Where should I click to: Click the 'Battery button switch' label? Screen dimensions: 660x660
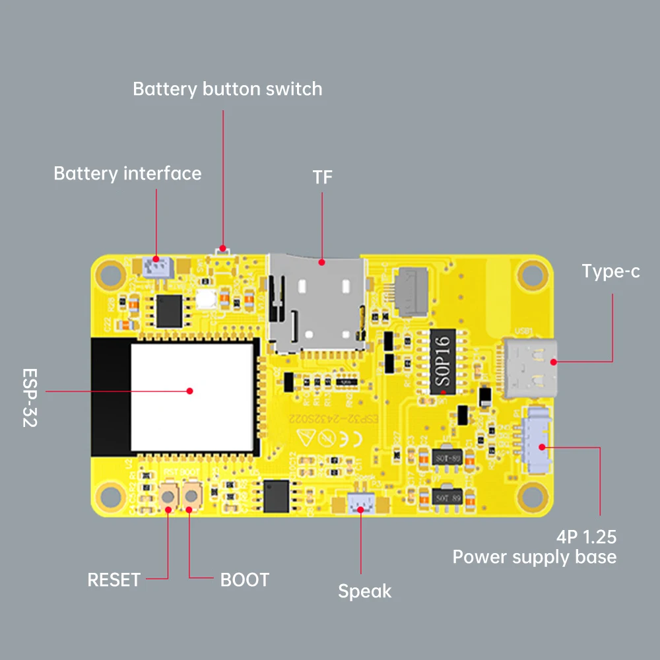(x=227, y=89)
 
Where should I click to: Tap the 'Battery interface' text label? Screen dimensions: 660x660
(x=127, y=174)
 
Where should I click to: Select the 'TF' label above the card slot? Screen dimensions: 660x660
(x=323, y=178)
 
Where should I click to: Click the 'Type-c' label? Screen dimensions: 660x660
(x=610, y=271)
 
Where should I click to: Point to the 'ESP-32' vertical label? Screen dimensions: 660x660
(x=30, y=397)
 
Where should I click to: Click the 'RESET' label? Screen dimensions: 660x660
(x=114, y=580)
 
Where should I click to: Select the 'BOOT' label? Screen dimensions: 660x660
(x=245, y=580)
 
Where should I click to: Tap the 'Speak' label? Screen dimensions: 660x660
(x=364, y=591)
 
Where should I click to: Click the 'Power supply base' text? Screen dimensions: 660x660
(x=534, y=557)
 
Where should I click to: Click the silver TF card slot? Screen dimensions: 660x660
(x=317, y=304)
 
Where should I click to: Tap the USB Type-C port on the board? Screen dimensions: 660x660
(x=531, y=368)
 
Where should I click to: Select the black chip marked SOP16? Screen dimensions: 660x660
(x=444, y=363)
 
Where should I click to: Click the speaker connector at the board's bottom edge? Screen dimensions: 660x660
(x=360, y=506)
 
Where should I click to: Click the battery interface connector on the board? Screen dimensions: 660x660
(x=156, y=267)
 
